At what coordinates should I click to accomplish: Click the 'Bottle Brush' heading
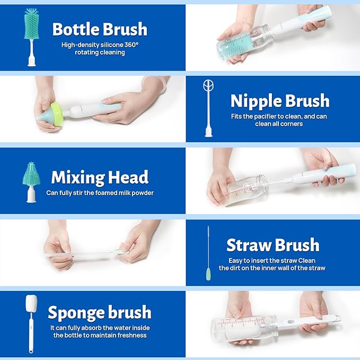click(x=100, y=29)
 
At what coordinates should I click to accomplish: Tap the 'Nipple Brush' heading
click(x=280, y=101)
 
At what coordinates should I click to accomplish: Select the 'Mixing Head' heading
click(x=100, y=177)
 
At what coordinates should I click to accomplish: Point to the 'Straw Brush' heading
click(x=273, y=245)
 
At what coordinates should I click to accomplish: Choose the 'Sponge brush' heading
click(x=100, y=312)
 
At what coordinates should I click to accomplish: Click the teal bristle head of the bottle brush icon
click(x=31, y=23)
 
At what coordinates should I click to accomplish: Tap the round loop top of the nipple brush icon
click(x=208, y=85)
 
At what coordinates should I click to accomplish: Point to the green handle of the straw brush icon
click(x=208, y=274)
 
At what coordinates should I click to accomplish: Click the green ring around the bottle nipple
click(x=57, y=114)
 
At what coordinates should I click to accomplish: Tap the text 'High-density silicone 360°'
click(x=100, y=45)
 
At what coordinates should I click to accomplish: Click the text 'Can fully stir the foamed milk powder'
click(x=100, y=193)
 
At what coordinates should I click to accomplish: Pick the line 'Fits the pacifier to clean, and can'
click(x=279, y=117)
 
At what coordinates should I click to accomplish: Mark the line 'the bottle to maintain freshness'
click(x=100, y=335)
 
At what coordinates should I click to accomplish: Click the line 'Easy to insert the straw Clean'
click(x=272, y=260)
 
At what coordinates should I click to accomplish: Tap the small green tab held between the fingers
click(x=120, y=252)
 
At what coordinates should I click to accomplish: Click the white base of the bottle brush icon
click(x=32, y=62)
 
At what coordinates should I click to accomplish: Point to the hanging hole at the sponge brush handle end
click(x=31, y=350)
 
